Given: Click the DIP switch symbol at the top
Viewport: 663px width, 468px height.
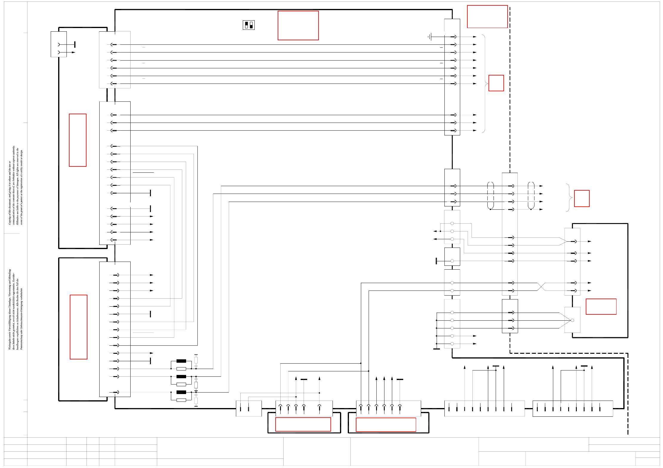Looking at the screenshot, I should pyautogui.click(x=249, y=25).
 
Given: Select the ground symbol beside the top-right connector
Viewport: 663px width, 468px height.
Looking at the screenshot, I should pyautogui.click(x=429, y=37).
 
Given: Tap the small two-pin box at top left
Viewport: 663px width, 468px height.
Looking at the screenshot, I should pyautogui.click(x=59, y=44).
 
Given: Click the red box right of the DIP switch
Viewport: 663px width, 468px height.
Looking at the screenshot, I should pyautogui.click(x=298, y=25).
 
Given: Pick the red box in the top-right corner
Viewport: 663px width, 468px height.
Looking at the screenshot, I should pyautogui.click(x=487, y=17).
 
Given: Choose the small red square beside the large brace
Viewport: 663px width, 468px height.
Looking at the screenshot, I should pyautogui.click(x=496, y=83).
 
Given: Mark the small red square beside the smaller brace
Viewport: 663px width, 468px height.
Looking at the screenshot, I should pyautogui.click(x=582, y=198).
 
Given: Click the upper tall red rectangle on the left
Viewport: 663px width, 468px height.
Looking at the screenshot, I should pyautogui.click(x=78, y=140).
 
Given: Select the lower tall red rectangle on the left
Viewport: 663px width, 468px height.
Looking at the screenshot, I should pyautogui.click(x=78, y=327).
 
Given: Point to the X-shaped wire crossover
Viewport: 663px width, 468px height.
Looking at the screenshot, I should pyautogui.click(x=541, y=287).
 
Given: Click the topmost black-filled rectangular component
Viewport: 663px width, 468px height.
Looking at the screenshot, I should pyautogui.click(x=181, y=361).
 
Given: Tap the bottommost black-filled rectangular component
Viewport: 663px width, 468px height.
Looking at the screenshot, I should pyautogui.click(x=181, y=392).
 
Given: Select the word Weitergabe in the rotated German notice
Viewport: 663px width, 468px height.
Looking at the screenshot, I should pyautogui.click(x=10, y=343).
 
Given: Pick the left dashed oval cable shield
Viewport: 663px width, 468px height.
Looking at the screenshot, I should pyautogui.click(x=490, y=195).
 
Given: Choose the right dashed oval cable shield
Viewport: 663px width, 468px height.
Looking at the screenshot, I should pyautogui.click(x=531, y=195).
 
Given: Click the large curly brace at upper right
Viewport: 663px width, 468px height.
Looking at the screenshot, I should pyautogui.click(x=484, y=84).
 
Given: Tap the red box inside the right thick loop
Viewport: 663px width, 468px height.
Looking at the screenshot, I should pyautogui.click(x=601, y=307).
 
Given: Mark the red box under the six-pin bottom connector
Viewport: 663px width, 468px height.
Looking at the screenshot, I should pyautogui.click(x=386, y=424).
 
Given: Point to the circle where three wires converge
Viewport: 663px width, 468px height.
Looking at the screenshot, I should pyautogui.click(x=572, y=320).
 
